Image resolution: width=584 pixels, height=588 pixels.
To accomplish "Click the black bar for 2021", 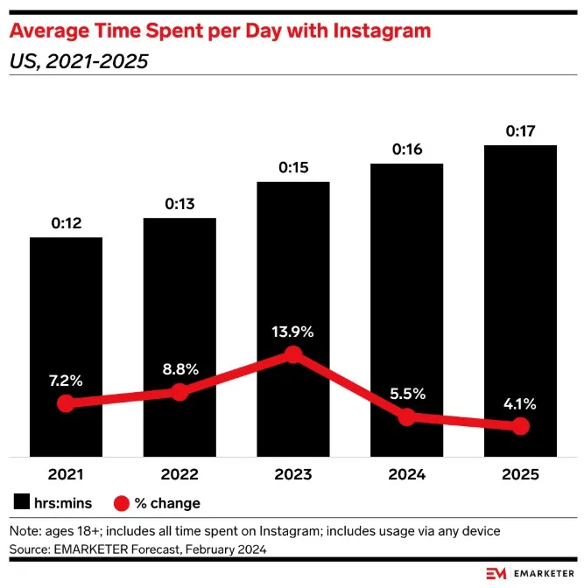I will coord(66,315).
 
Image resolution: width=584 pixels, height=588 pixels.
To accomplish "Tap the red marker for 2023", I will coord(293,354).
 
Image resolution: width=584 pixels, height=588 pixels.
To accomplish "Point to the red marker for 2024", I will coord(406,416).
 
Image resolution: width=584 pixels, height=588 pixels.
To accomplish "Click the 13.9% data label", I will coord(293,332).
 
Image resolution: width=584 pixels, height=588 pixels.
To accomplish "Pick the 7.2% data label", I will coord(66,381).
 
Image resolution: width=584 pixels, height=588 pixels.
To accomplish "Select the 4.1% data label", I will coord(520,404).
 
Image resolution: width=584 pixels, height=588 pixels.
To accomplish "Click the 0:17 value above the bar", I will coord(520,132).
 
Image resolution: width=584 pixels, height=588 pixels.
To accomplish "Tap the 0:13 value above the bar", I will coord(179,205).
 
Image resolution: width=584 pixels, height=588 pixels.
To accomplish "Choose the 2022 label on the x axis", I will coord(179,475).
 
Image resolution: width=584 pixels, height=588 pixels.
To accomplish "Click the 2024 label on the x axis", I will coord(406,475).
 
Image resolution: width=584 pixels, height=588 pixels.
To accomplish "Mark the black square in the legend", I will coord(22,502).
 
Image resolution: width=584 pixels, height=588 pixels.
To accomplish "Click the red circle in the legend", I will coord(122,503).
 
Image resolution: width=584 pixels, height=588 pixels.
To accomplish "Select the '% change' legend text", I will coord(167,503).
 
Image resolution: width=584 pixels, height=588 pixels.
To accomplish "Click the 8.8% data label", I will coord(179,369).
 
